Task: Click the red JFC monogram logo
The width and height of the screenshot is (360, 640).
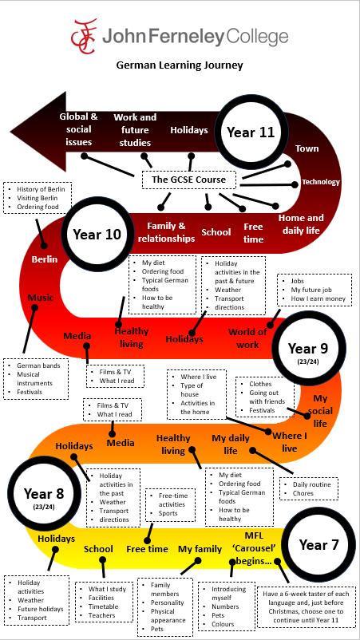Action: [84, 36]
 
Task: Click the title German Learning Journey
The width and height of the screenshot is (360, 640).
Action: [180, 65]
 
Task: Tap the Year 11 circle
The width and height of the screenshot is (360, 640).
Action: [251, 132]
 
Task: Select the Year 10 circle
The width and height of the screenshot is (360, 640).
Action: [97, 235]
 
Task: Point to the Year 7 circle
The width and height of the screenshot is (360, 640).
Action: [318, 544]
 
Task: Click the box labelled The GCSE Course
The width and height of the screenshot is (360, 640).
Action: [188, 180]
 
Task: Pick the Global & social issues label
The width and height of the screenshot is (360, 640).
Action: [78, 129]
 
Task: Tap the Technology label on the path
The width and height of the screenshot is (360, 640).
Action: [320, 182]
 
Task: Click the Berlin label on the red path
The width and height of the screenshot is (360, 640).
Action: [45, 259]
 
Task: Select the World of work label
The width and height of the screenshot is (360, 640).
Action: [247, 338]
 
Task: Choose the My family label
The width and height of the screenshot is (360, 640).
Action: [200, 549]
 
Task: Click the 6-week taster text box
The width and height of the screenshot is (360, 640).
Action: [307, 607]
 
